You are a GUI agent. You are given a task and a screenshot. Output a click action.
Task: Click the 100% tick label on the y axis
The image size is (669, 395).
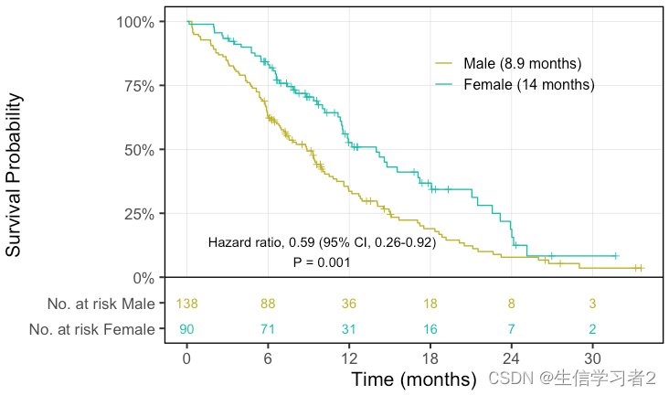[135, 21]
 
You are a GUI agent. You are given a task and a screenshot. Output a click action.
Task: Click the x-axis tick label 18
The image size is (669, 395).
[430, 358]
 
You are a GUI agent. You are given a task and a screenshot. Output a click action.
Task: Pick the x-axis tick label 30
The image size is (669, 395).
[592, 358]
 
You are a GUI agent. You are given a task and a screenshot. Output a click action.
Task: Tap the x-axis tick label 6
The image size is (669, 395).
[268, 358]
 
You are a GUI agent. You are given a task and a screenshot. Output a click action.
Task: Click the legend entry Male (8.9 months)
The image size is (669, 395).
[522, 63]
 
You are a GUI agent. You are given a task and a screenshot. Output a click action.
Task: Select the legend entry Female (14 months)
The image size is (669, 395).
[529, 85]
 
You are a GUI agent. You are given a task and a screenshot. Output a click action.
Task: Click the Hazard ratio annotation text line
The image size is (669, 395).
[322, 243]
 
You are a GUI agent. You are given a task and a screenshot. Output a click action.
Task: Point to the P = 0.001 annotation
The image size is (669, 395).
[322, 263]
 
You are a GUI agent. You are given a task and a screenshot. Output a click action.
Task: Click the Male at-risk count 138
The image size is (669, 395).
[187, 304]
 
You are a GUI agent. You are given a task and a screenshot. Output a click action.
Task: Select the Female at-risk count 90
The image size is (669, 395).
[187, 329]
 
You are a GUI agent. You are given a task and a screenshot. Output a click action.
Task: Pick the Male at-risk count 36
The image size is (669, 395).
[349, 304]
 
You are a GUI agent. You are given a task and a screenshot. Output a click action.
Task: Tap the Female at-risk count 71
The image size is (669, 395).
[268, 329]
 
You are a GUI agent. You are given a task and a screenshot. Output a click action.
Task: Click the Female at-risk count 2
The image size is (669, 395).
[592, 329]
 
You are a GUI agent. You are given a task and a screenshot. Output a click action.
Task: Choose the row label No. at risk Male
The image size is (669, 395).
[101, 304]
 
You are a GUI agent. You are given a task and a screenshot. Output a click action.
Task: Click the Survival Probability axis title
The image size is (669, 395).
[14, 174]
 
